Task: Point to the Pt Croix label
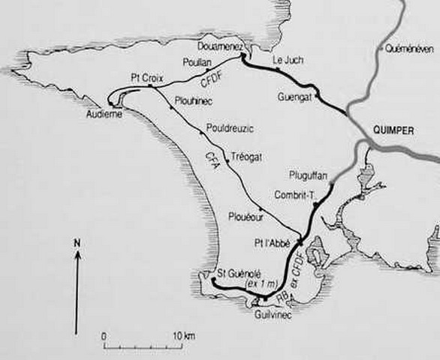pyautogui.click(x=144, y=77)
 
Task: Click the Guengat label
pyautogui.click(x=294, y=97)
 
